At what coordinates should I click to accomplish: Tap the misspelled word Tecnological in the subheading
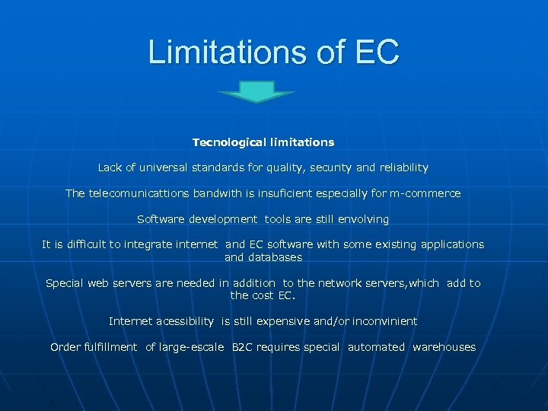(230, 142)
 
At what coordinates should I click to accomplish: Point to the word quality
(284, 167)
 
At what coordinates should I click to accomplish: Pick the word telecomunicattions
(139, 193)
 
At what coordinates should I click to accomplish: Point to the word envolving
(362, 219)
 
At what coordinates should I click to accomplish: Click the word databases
(274, 257)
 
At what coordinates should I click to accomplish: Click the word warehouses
(444, 347)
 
